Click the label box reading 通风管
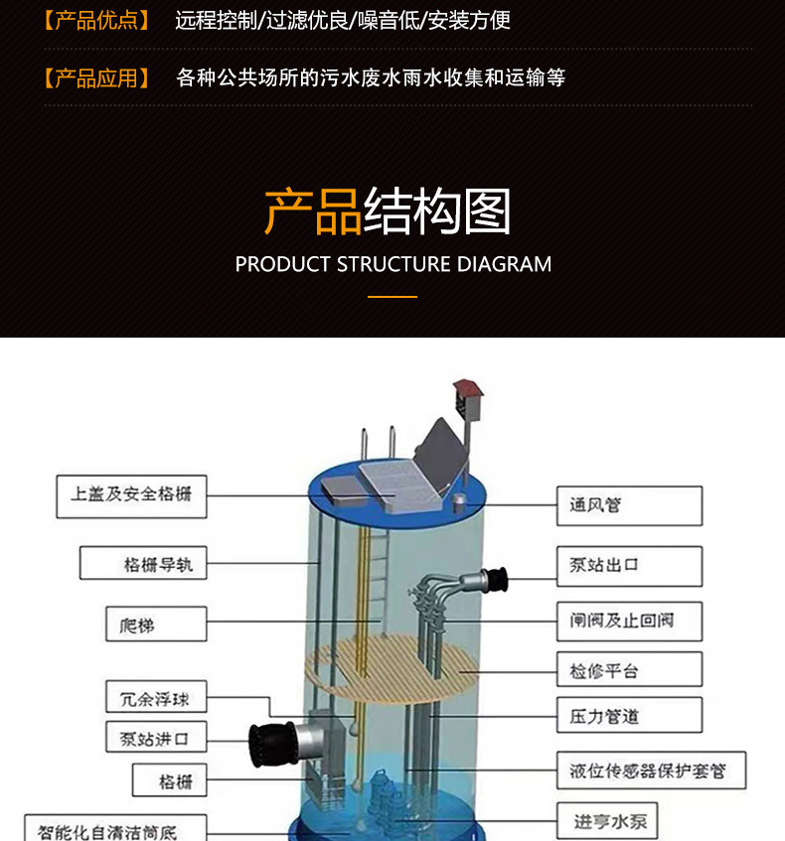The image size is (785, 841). [628, 505]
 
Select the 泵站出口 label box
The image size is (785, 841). [628, 565]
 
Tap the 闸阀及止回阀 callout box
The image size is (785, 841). [628, 621]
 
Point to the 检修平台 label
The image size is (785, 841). [628, 671]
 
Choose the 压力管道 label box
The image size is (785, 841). [628, 715]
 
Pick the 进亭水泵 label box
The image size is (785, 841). [609, 821]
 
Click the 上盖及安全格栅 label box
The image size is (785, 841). [131, 494]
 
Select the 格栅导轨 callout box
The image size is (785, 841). [143, 563]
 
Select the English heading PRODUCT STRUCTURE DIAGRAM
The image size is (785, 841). [392, 264]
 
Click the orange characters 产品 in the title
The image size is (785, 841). [312, 211]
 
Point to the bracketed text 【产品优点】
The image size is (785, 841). [96, 20]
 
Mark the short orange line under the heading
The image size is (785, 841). [392, 296]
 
